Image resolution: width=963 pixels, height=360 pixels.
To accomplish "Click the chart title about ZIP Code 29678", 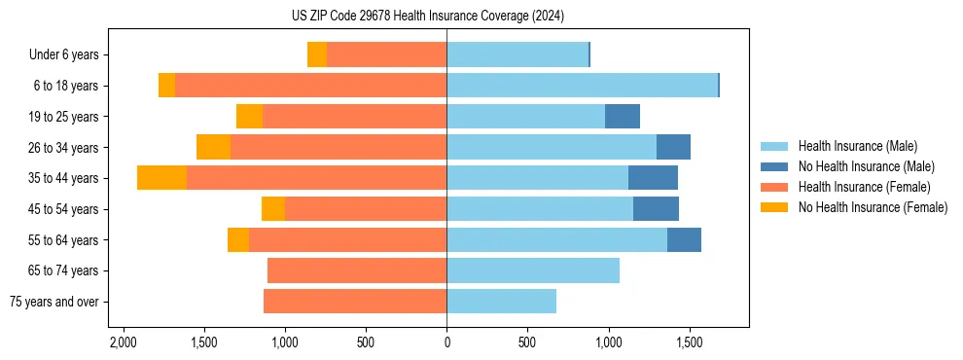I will click(427, 16).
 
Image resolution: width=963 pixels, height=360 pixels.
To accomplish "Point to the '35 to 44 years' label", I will click(63, 178).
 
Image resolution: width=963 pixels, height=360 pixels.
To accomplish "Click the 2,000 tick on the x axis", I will click(123, 342).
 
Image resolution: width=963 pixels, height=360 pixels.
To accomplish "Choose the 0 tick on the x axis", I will click(446, 342).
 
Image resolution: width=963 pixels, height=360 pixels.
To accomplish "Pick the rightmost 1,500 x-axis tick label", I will click(689, 342).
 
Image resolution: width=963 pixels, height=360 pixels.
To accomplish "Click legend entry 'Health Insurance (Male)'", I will click(857, 146).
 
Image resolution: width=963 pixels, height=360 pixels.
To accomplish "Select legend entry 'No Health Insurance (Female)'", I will click(873, 207).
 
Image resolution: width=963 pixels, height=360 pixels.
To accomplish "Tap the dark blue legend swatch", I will click(774, 166).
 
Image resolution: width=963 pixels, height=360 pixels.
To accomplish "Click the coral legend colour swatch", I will click(774, 187).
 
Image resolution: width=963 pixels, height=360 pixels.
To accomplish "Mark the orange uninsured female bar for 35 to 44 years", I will click(161, 178).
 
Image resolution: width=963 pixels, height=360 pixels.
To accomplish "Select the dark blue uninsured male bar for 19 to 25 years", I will click(623, 117).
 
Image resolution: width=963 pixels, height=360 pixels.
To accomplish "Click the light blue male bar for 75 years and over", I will click(501, 302).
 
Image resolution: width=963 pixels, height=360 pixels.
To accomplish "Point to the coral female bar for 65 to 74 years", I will click(357, 270).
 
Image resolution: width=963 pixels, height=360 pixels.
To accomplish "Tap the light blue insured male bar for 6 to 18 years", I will click(582, 86).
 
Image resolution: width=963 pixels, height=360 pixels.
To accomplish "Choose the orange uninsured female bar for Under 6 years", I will click(317, 54).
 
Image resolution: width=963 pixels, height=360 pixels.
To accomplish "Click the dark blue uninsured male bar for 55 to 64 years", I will click(684, 239).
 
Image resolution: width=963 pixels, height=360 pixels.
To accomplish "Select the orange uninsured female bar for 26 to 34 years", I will click(213, 147).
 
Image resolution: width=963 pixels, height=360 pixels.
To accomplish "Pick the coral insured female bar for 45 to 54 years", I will click(366, 209).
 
